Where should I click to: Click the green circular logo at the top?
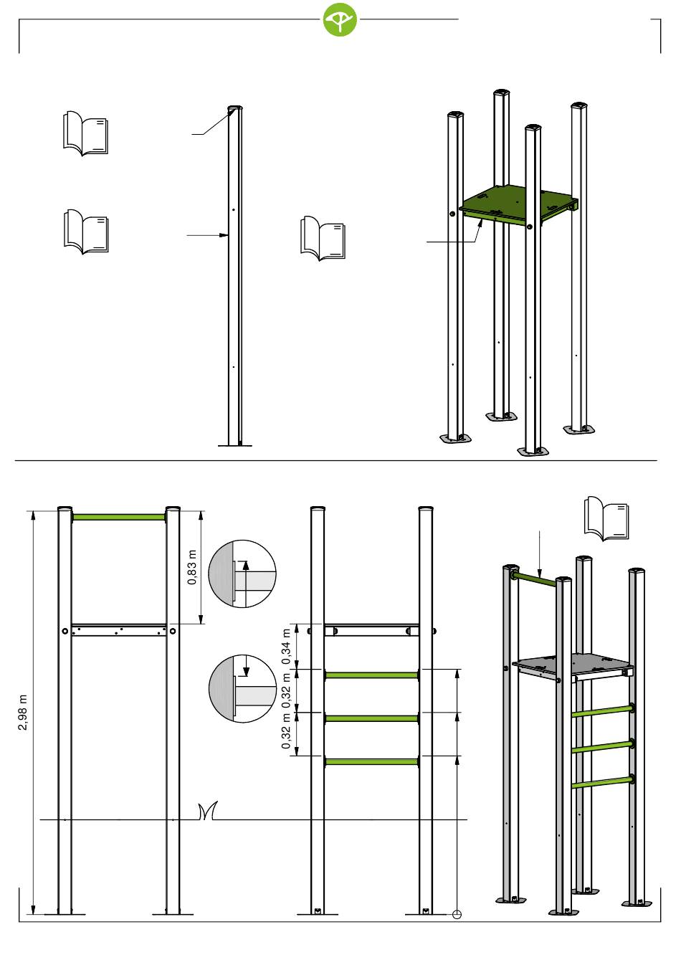[340, 19]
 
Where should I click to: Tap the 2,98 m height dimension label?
[23, 713]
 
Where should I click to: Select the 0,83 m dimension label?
[192, 568]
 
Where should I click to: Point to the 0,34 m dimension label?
[286, 647]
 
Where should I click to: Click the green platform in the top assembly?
[518, 204]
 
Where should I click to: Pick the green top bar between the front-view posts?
[119, 517]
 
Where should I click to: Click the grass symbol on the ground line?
[208, 810]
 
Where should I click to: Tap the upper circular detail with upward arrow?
[242, 574]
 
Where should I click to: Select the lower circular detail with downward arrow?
[242, 688]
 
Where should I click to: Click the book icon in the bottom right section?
[606, 518]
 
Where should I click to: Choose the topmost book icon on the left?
[86, 133]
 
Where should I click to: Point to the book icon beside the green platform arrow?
[323, 238]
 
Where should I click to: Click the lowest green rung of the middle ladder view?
[371, 761]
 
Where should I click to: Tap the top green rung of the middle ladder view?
[371, 675]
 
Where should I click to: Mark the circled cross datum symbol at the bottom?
[457, 915]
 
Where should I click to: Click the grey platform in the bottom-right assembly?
[573, 666]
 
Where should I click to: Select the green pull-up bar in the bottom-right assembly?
[534, 579]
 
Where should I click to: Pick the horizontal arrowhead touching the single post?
[224, 235]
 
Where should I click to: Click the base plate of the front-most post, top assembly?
[533, 452]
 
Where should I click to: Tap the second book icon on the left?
[86, 231]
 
